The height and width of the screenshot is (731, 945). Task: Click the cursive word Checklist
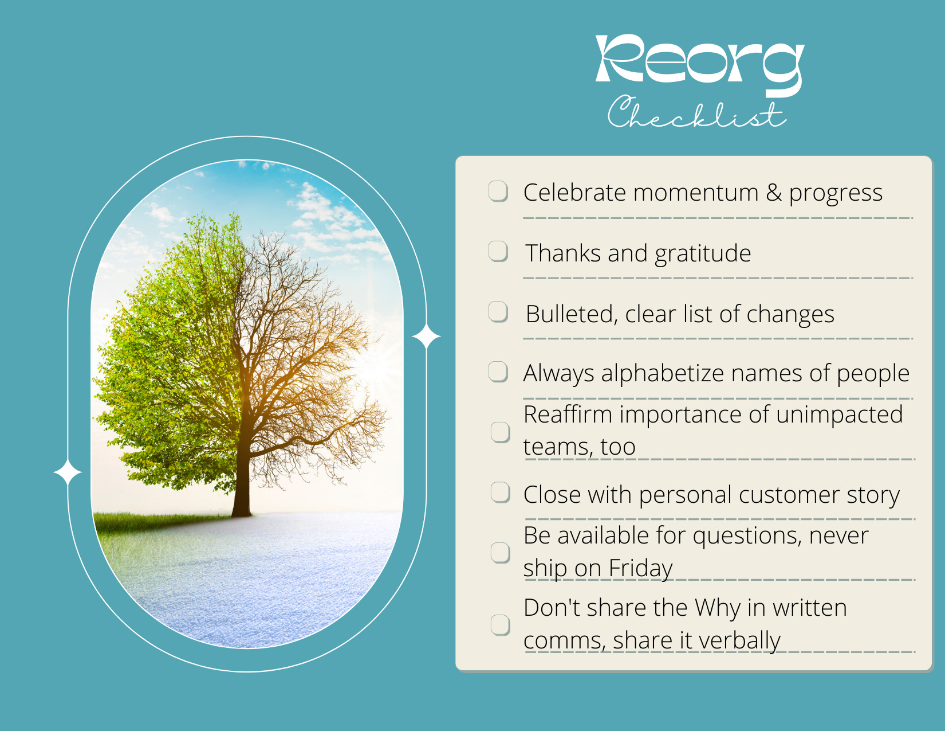[x=696, y=114]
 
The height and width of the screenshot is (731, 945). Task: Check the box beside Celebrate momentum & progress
[x=498, y=191]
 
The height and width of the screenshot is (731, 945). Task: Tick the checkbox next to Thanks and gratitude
[x=498, y=251]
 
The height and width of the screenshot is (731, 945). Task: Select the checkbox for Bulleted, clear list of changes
[x=498, y=312]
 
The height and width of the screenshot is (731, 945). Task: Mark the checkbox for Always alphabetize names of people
[x=498, y=372]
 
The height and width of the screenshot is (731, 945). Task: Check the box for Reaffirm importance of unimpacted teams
[x=500, y=432]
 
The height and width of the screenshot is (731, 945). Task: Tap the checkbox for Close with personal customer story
[x=500, y=492]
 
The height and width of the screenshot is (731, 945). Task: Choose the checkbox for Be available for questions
[x=500, y=553]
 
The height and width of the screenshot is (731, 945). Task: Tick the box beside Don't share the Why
[x=500, y=625]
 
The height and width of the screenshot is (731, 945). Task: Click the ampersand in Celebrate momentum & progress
[x=774, y=193]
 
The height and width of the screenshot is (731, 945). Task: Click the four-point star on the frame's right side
[x=426, y=337]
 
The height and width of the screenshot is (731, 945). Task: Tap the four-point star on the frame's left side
[x=68, y=472]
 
